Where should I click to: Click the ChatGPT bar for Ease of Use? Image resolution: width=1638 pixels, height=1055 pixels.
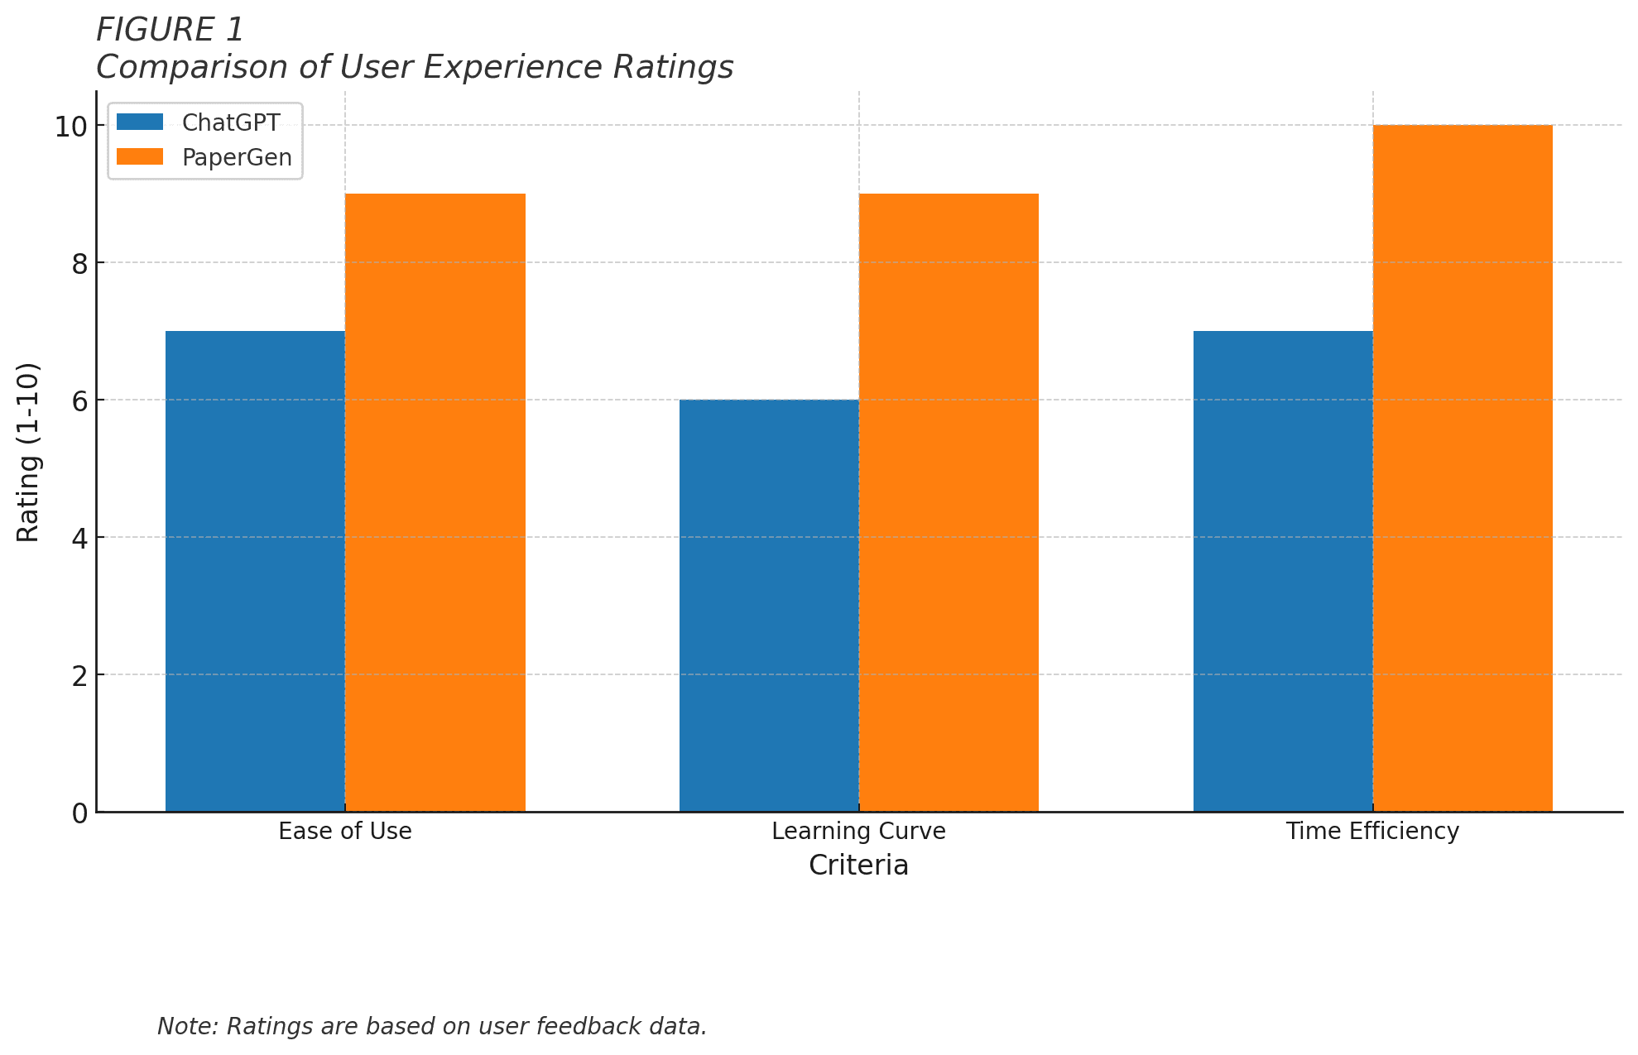255,571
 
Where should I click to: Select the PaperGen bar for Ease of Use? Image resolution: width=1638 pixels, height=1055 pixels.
435,502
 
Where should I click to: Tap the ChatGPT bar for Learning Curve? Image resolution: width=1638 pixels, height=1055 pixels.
769,606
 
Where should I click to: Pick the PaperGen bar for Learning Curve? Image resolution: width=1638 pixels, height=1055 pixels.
949,502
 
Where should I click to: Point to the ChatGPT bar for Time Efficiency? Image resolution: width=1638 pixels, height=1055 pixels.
1283,571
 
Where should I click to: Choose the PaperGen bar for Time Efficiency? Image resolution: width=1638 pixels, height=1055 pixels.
1463,468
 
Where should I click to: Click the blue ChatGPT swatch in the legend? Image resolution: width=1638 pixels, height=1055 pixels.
140,122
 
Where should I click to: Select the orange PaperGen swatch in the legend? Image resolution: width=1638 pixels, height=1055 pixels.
140,157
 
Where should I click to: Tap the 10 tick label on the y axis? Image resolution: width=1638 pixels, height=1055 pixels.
71,127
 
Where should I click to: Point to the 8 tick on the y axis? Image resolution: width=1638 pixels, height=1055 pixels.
79,264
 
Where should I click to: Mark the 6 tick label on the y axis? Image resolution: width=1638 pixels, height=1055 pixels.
79,401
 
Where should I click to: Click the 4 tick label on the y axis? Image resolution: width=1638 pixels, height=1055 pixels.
79,539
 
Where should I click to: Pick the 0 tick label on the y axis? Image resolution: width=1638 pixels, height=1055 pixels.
79,813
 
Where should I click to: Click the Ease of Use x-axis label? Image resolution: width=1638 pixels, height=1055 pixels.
345,831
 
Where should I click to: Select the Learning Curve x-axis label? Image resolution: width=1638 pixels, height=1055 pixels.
858,831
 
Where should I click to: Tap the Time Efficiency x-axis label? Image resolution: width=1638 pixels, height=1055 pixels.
1372,831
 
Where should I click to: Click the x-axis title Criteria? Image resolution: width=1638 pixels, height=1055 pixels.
858,866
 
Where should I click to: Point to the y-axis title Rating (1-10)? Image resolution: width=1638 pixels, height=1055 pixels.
28,452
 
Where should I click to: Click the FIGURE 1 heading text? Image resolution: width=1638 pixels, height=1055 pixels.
170,31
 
